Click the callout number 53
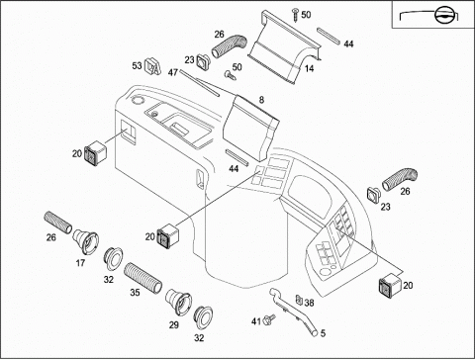pos(137,65)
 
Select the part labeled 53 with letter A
pos(152,66)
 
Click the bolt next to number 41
pos(269,318)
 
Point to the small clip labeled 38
pos(299,300)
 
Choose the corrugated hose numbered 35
pos(142,278)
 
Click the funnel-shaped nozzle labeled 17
pos(86,242)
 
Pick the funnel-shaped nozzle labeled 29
pos(178,302)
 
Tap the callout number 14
pos(309,68)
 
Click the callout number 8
pos(261,100)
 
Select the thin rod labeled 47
pos(199,83)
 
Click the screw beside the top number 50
pos(295,15)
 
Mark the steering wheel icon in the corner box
pos(444,16)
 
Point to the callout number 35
pos(135,293)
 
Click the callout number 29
pos(174,325)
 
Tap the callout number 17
pos(80,263)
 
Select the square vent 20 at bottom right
pos(390,284)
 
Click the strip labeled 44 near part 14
pos(329,36)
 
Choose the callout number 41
pos(256,321)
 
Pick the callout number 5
pos(323,333)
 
